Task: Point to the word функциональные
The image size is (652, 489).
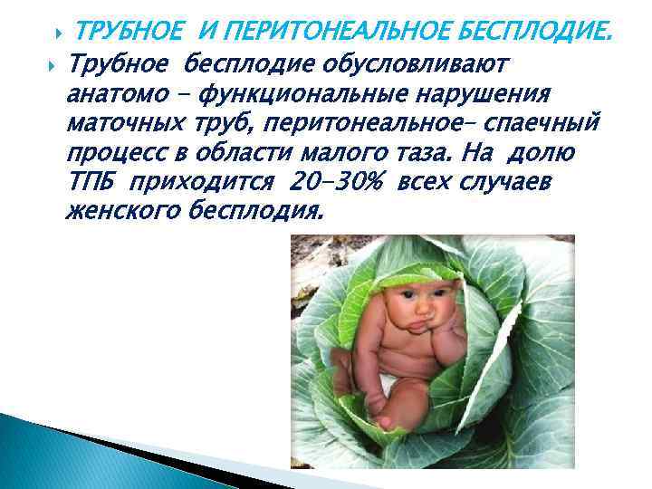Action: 305,95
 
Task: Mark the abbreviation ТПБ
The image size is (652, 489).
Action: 92,185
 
